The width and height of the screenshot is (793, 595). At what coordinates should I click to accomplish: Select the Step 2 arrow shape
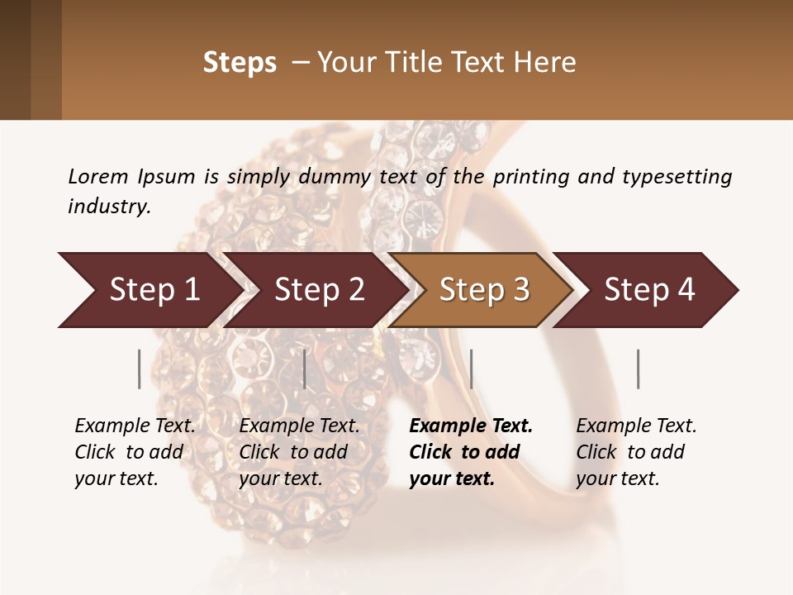319,290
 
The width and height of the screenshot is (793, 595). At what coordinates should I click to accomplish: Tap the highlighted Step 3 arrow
484,290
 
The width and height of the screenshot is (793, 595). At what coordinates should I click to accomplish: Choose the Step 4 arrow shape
649,290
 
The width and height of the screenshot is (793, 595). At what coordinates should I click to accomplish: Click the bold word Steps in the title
240,63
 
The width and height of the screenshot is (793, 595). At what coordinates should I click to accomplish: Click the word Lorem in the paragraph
97,176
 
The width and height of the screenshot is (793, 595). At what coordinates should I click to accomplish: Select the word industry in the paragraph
108,206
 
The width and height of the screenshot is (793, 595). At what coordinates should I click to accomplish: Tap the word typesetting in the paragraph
677,176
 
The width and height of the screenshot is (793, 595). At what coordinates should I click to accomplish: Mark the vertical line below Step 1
139,369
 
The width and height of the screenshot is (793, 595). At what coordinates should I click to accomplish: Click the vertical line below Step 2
305,369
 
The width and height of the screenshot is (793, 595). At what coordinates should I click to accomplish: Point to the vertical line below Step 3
471,369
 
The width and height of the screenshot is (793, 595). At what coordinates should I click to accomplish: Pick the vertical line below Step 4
638,369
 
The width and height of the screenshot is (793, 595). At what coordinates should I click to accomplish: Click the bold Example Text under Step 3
471,426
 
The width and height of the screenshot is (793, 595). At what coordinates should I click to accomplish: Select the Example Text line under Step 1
135,426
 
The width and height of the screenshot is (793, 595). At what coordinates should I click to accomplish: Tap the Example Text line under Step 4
636,426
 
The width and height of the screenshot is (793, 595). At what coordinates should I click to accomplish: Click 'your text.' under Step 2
281,478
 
